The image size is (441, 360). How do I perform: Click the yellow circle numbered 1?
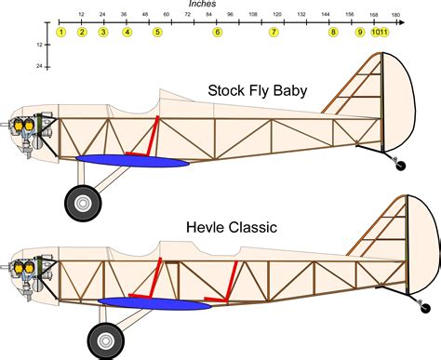tap(60, 33)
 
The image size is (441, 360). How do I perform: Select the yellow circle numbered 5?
tap(157, 33)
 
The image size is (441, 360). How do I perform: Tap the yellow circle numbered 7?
tap(274, 33)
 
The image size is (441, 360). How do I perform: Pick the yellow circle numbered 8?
tap(333, 33)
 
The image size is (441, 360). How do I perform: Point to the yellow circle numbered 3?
tap(103, 33)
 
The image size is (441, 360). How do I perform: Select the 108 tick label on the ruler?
tap(253, 14)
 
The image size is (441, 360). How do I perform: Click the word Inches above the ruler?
tap(202, 4)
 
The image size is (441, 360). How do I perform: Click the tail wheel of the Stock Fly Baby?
tap(401, 165)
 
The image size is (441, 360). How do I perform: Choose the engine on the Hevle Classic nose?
tap(26, 268)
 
